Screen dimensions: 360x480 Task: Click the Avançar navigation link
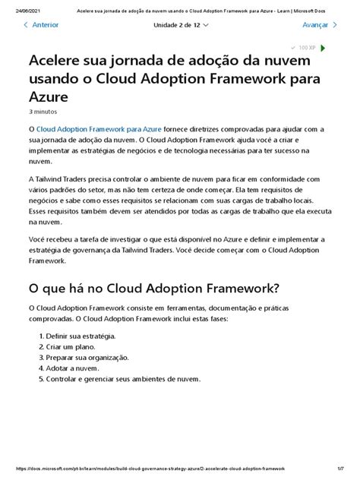(x=314, y=24)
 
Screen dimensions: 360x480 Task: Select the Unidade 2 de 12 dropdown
(x=182, y=24)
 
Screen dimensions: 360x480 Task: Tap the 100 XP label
(x=306, y=47)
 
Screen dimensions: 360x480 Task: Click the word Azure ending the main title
(x=49, y=96)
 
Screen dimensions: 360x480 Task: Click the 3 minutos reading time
(x=44, y=112)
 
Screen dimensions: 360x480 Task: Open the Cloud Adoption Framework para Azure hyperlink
(x=99, y=131)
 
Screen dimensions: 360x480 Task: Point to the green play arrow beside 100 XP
(x=323, y=47)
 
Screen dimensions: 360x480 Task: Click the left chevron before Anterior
(x=27, y=24)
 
